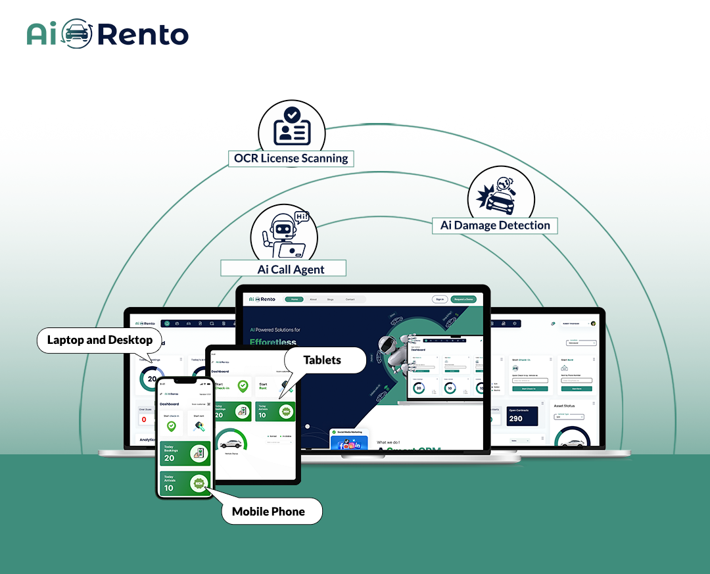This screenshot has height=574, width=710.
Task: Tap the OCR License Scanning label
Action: (291, 158)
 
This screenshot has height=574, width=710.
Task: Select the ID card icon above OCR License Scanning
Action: (291, 126)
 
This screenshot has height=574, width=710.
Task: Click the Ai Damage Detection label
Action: (495, 226)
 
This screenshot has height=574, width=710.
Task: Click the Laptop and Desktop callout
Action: (100, 340)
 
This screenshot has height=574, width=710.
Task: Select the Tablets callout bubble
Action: (322, 360)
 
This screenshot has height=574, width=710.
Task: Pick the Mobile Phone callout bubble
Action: (269, 512)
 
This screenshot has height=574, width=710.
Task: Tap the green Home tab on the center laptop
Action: (294, 299)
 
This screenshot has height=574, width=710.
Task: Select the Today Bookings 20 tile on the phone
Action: (185, 454)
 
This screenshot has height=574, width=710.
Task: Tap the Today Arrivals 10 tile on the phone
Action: (185, 484)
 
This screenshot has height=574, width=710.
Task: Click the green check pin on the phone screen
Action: (172, 426)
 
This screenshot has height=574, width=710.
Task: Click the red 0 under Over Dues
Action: (144, 419)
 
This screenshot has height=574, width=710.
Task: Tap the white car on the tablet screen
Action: (230, 444)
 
